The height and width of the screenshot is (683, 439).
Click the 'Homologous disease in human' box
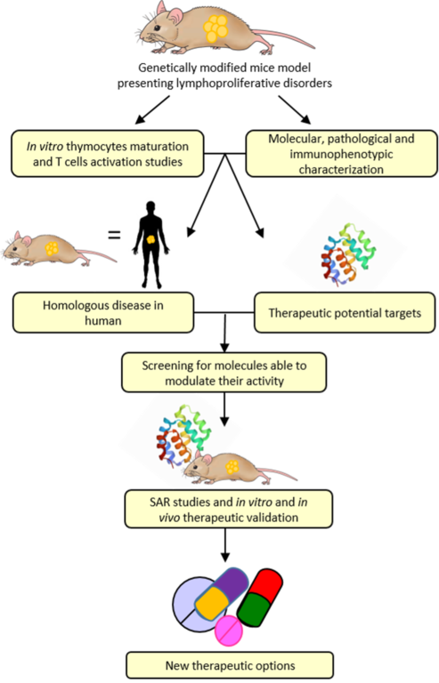click(103, 313)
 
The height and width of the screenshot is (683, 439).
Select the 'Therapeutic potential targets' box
click(345, 313)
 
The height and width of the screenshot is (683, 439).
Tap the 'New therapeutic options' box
click(230, 665)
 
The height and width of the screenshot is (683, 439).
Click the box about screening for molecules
click(224, 373)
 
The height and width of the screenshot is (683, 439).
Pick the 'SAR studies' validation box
click(229, 510)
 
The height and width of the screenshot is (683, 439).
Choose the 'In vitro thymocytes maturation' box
click(107, 153)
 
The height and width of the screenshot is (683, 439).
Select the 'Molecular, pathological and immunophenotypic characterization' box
click(341, 153)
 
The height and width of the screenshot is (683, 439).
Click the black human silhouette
click(150, 245)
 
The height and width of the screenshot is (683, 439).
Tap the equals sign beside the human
click(114, 235)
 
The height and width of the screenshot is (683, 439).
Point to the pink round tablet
click(229, 631)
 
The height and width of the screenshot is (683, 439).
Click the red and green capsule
click(260, 598)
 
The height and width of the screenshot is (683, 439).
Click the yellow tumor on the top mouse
click(215, 28)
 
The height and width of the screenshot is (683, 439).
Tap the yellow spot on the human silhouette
click(150, 238)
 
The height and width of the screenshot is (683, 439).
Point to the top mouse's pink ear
click(175, 16)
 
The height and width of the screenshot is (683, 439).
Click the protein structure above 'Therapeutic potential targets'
click(349, 255)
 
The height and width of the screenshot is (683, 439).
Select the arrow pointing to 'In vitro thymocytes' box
click(152, 109)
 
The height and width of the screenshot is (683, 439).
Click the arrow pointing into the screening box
click(224, 333)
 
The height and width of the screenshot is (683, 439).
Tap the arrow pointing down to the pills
click(225, 545)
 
